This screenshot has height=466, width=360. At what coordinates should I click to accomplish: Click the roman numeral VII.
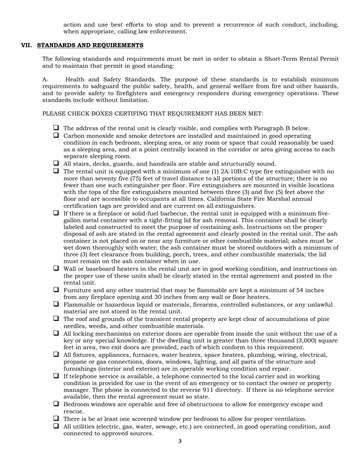pyautogui.click(x=26, y=45)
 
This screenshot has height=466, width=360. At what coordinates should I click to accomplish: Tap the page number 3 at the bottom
pyautogui.click(x=180, y=441)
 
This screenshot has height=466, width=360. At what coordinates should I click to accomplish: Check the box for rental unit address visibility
pyautogui.click(x=56, y=128)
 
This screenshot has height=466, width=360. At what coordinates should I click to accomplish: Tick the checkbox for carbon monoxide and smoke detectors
pyautogui.click(x=56, y=135)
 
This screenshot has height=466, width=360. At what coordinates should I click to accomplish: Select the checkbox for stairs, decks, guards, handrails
pyautogui.click(x=56, y=163)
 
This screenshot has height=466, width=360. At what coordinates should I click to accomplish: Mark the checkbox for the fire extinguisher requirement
pyautogui.click(x=56, y=170)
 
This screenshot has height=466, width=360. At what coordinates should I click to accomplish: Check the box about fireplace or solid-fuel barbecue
pyautogui.click(x=56, y=213)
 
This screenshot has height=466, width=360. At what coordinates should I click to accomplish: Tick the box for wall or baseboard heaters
pyautogui.click(x=56, y=268)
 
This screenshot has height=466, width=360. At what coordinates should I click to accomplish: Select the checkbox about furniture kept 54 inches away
pyautogui.click(x=56, y=289)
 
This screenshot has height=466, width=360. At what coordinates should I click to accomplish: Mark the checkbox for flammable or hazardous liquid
pyautogui.click(x=56, y=304)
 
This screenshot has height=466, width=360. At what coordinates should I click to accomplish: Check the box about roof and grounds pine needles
pyautogui.click(x=56, y=319)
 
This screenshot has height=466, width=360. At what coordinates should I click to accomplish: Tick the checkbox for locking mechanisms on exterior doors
pyautogui.click(x=56, y=333)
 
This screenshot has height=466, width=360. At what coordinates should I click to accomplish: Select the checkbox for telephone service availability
pyautogui.click(x=56, y=376)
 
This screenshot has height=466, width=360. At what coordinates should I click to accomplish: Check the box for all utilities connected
pyautogui.click(x=56, y=426)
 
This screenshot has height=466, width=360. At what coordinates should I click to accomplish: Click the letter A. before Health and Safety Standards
pyautogui.click(x=45, y=80)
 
